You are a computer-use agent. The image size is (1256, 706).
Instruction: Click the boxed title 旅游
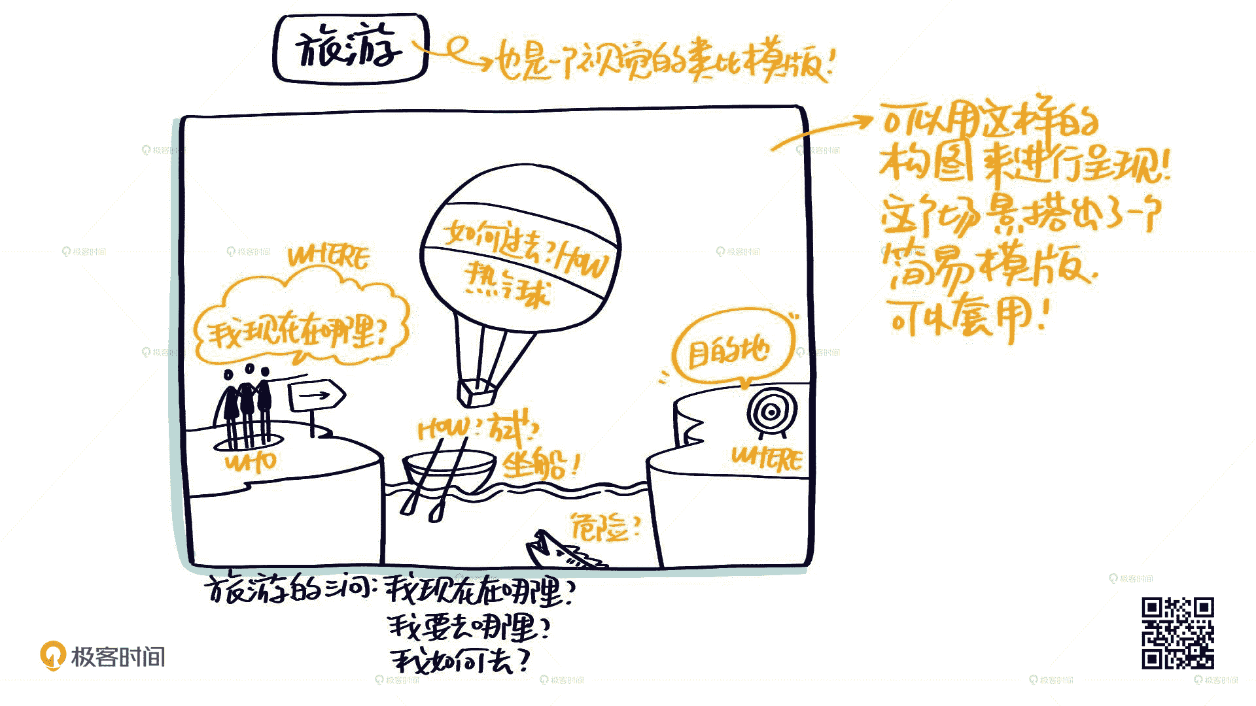350,49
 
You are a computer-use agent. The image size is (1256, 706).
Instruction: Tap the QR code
1177,633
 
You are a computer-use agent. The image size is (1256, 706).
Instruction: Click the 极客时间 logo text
118,656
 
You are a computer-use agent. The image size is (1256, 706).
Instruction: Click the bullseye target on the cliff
771,412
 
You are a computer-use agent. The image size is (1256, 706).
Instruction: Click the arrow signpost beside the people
317,395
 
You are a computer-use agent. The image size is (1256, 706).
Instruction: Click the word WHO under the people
251,462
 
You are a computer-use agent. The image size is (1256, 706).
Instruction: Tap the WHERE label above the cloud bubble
328,257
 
